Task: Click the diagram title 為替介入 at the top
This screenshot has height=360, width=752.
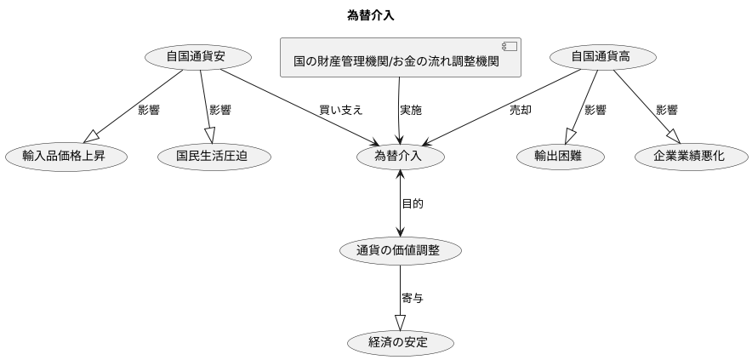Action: pos(371,15)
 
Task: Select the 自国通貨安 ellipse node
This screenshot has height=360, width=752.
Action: pos(197,57)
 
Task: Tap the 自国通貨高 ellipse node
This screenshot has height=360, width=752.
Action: pos(602,57)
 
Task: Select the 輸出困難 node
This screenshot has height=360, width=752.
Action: pos(558,156)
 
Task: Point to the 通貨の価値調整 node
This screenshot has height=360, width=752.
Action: pos(400,250)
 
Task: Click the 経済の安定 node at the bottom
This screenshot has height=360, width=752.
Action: pos(399,344)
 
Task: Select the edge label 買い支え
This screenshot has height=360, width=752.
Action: pos(340,110)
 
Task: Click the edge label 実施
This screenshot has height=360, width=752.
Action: pos(411,110)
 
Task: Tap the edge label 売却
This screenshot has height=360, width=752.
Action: pos(520,110)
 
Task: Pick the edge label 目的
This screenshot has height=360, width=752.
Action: pos(413,203)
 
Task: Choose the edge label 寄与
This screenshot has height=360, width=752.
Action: pos(413,298)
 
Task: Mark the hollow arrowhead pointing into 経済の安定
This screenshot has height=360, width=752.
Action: pos(400,323)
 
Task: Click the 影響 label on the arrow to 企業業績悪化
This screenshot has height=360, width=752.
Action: pos(666,110)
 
